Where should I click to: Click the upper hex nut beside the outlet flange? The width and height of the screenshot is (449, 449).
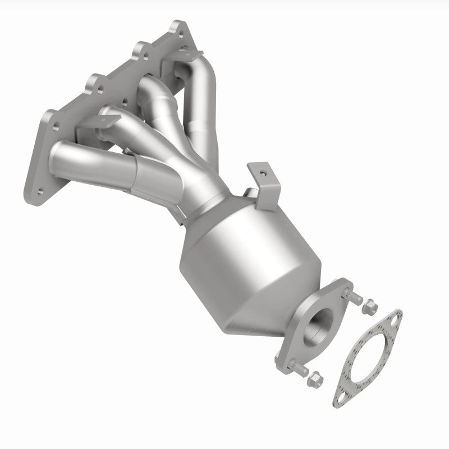[369, 308]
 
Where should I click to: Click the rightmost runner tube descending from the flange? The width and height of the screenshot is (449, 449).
[205, 107]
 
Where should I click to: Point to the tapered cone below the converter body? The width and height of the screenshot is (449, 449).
[264, 314]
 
